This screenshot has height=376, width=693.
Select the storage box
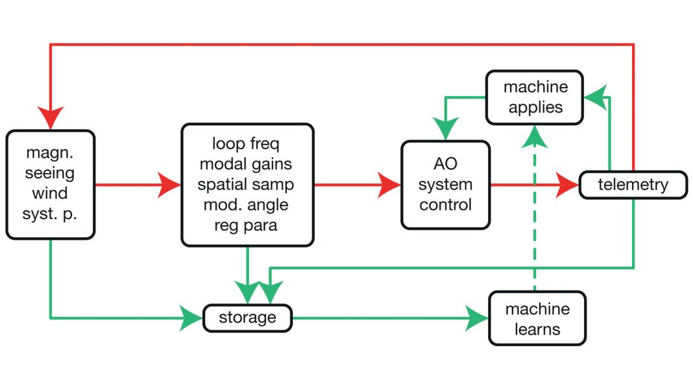point(247,318)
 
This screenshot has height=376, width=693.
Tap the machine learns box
point(537,319)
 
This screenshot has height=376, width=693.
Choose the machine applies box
point(535,97)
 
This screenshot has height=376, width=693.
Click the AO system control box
point(445,185)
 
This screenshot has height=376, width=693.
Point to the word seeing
point(51,173)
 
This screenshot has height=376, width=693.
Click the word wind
point(51,193)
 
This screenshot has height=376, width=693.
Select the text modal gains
point(247,163)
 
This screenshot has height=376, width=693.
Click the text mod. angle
point(247,205)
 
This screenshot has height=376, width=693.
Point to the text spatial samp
point(247,184)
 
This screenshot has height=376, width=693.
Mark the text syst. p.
point(51,214)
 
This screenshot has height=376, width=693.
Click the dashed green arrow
point(535,207)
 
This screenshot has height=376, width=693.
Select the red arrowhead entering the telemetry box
point(568,185)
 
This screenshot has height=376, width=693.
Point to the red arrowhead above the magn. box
point(51,118)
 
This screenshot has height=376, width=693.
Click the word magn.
point(51,153)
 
